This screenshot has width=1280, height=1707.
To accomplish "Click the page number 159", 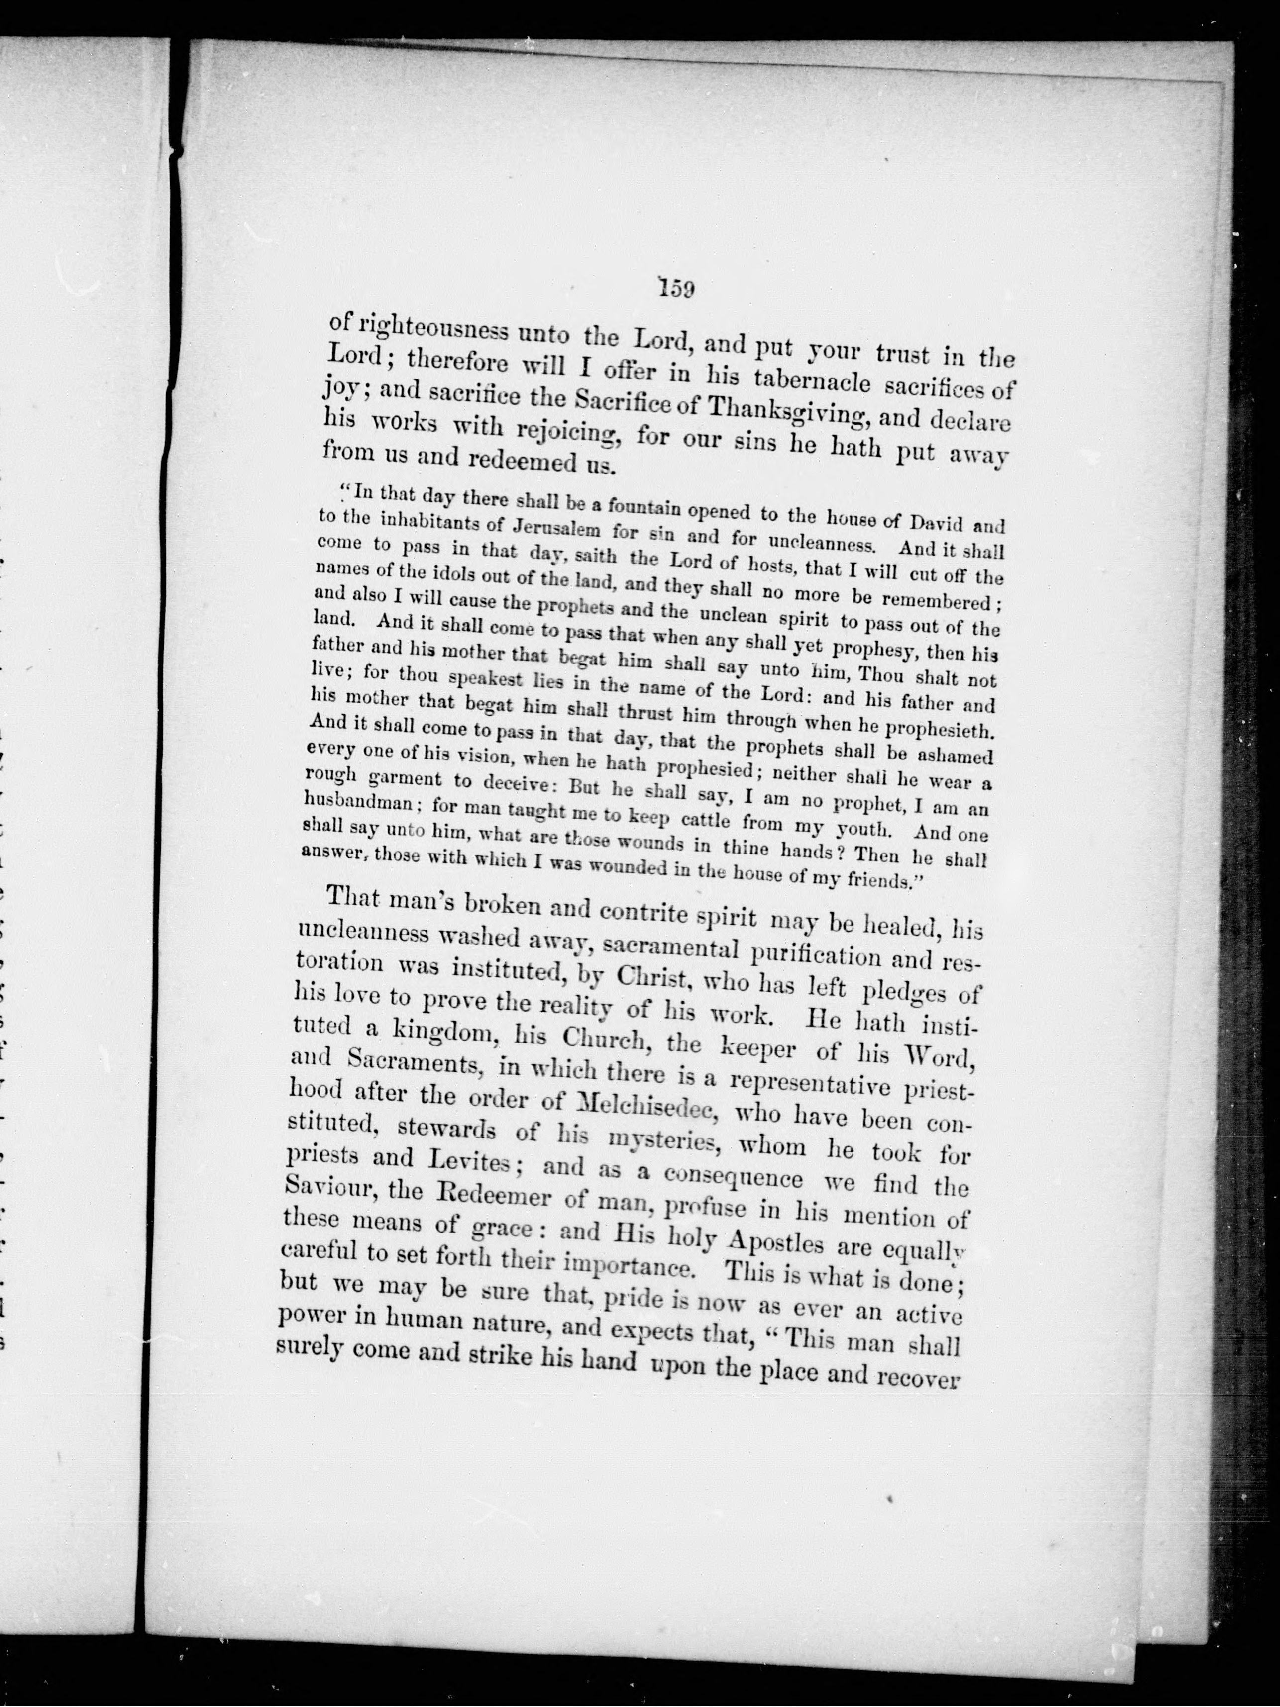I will click(x=677, y=289).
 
